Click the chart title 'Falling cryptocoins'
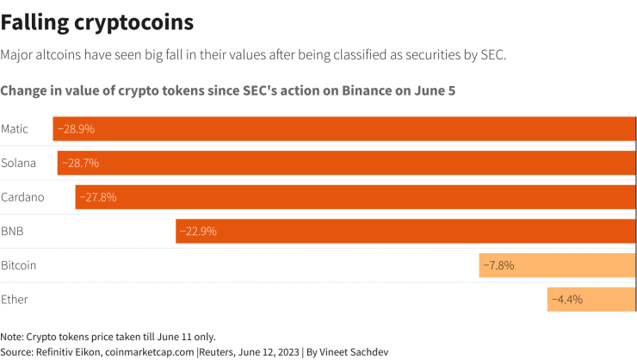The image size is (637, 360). pos(96,21)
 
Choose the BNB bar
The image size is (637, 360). pos(405,231)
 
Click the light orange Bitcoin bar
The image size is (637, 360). pos(557,265)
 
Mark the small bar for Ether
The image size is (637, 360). pos(591,300)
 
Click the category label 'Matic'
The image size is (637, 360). pos(15,129)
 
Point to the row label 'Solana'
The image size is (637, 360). pos(18,163)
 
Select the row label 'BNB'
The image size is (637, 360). pos(13,231)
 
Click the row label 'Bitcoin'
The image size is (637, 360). pos(19,265)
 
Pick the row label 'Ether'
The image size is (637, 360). pos(15,300)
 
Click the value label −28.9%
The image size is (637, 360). pos(76,129)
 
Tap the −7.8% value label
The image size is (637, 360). pos(498,265)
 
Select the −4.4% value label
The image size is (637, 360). pos(567,300)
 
